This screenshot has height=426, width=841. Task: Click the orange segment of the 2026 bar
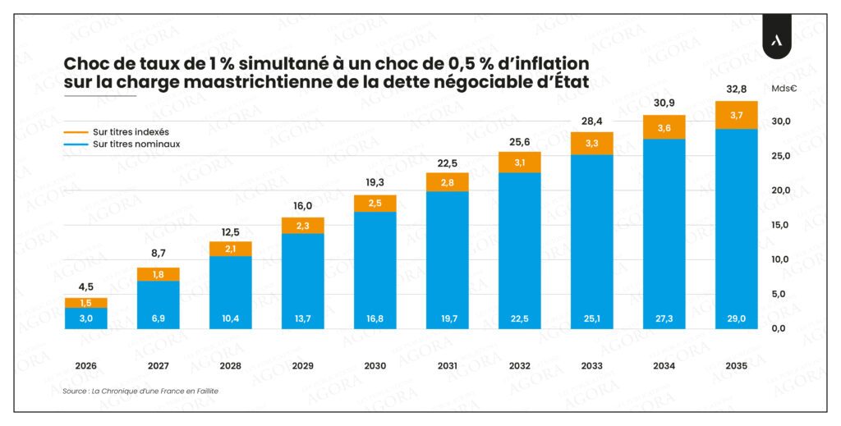(85, 303)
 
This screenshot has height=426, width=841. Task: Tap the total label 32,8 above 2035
(736, 90)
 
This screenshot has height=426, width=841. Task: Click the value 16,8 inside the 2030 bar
(375, 318)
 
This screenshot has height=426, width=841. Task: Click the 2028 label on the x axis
(230, 366)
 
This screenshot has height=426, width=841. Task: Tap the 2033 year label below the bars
(591, 366)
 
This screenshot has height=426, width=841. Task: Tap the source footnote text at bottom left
(140, 392)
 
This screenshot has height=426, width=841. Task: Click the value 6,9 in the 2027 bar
(158, 318)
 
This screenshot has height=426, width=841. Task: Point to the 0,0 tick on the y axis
(781, 328)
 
